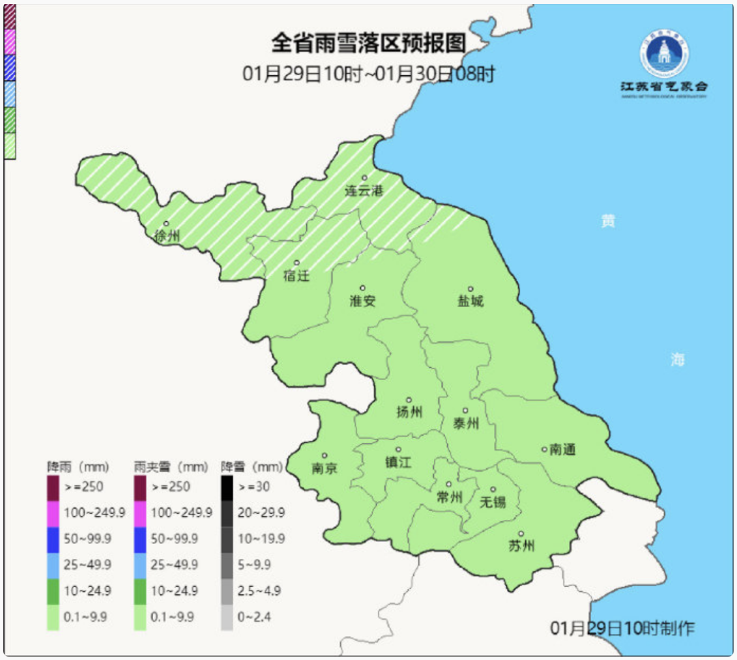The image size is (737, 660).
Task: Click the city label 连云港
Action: [x=364, y=191]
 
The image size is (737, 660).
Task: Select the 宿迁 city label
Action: [x=296, y=276]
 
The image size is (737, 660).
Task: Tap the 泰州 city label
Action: [x=465, y=424]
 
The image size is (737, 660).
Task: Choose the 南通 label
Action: [x=562, y=450]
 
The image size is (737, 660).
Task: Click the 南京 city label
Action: [x=324, y=468]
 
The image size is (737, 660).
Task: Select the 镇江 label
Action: [x=399, y=462]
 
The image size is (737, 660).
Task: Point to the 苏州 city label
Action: [x=521, y=546]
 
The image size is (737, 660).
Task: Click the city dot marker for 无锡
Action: [x=493, y=489]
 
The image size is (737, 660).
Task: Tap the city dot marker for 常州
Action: [x=449, y=484]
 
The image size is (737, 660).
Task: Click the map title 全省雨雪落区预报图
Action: [x=369, y=44]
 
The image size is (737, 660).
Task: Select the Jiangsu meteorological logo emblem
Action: [x=664, y=54]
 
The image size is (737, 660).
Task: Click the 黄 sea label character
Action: [x=607, y=221]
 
